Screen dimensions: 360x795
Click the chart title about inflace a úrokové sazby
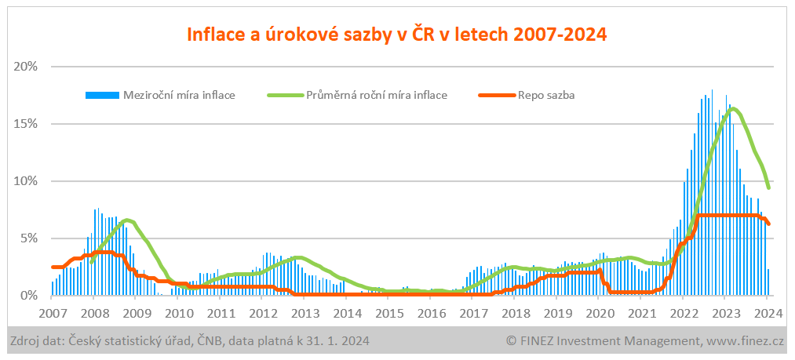click(396, 35)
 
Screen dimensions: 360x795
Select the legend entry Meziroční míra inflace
click(179, 96)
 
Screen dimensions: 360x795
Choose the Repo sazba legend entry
click(546, 96)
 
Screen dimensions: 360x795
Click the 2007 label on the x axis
click(52, 312)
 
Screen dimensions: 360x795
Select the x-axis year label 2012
click(262, 312)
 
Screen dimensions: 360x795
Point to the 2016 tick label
click(431, 312)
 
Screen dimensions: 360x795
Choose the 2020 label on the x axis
click(599, 312)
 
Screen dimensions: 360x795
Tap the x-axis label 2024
click(767, 312)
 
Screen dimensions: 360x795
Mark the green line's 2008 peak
click(127, 220)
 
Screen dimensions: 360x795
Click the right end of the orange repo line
click(768, 224)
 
